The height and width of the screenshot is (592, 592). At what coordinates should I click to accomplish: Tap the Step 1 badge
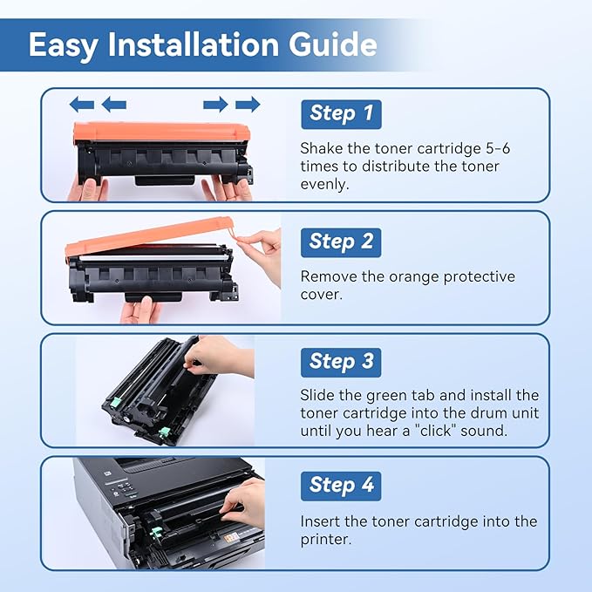point(341,113)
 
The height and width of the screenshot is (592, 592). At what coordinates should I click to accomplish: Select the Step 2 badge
point(341,242)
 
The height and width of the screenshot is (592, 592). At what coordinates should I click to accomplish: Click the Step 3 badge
point(341,361)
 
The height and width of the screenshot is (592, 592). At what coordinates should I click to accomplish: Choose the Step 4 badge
point(341,485)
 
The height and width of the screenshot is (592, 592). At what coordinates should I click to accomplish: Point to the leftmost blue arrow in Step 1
point(81,105)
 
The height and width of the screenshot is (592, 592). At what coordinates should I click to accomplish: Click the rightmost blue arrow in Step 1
point(248,105)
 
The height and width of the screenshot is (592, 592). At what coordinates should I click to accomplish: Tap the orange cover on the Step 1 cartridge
point(161,132)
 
